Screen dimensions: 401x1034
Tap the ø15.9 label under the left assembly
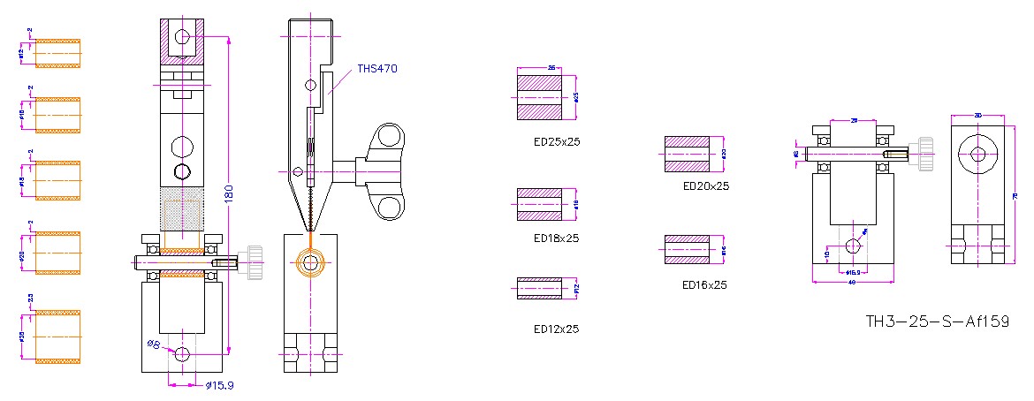[x=219, y=385]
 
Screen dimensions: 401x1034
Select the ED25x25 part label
[x=556, y=141]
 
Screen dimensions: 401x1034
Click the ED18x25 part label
[x=556, y=238]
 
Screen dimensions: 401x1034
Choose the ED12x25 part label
[x=556, y=329]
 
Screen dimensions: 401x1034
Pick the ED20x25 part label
[x=706, y=186]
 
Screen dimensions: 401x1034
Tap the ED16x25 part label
[x=705, y=285]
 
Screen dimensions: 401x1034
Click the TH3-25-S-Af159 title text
[x=938, y=322]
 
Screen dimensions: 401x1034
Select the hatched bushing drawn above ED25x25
[x=539, y=97]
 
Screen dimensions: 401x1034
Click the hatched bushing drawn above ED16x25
[x=688, y=250]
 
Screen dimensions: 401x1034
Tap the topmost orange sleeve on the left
[x=57, y=53]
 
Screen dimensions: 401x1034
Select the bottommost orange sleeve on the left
[x=57, y=336]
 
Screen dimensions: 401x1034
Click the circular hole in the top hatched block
[x=183, y=38]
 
